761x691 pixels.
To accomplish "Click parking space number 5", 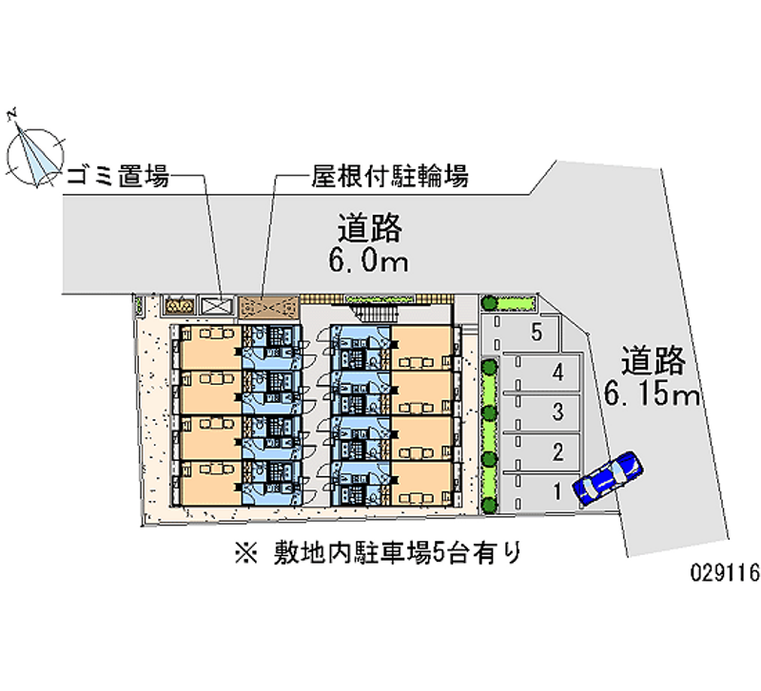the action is [x=537, y=333].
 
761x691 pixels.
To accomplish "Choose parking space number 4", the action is [x=560, y=373].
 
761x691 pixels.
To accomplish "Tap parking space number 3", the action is [x=560, y=412].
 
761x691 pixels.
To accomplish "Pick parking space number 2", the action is [x=559, y=451].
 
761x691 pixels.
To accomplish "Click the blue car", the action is [x=608, y=475].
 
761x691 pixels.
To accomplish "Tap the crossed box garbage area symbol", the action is [x=215, y=306].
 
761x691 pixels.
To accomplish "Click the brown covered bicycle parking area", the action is [x=268, y=306].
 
